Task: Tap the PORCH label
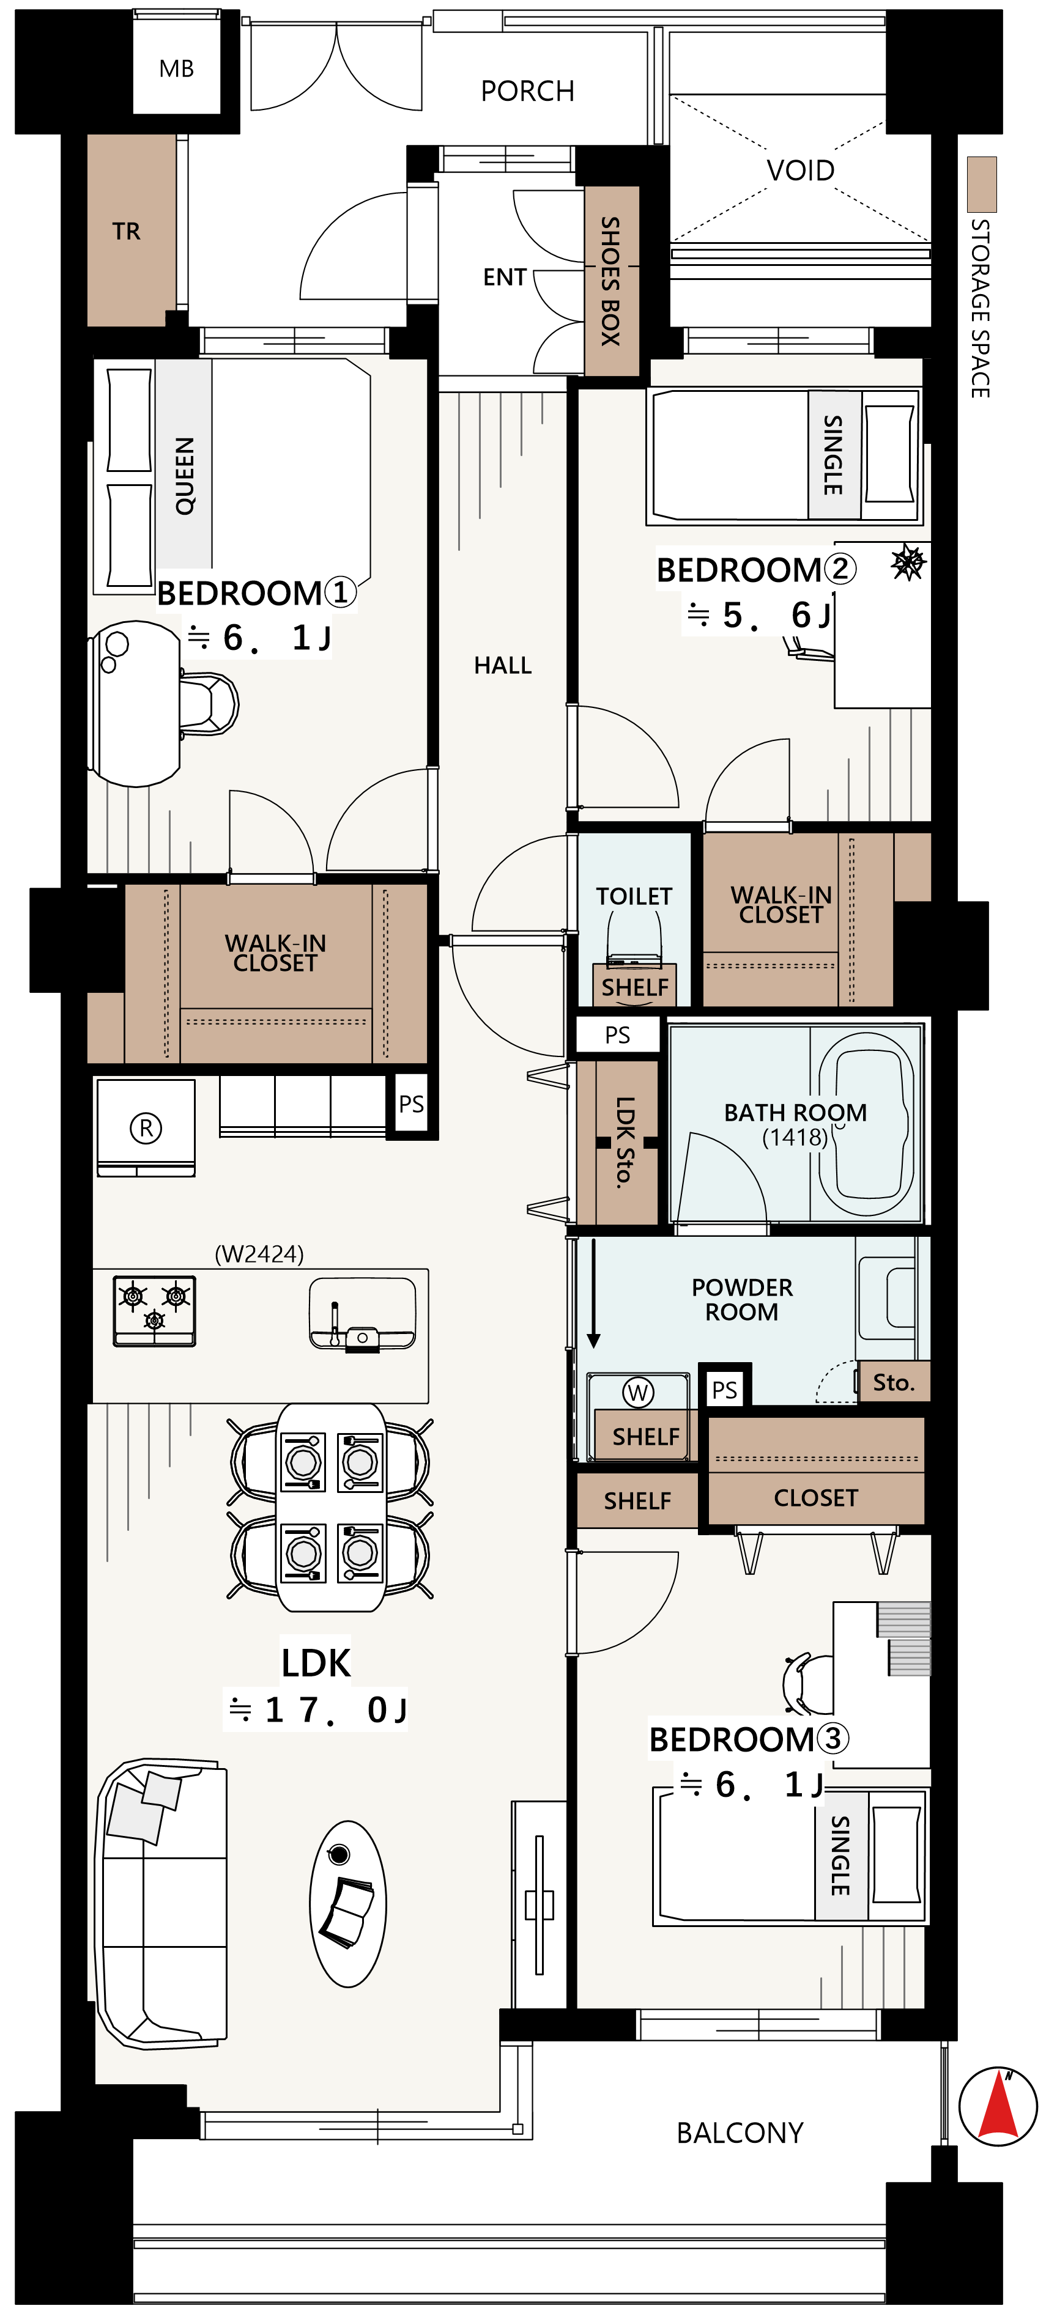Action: (x=528, y=91)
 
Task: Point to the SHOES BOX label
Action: (x=610, y=281)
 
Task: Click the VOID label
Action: (x=800, y=171)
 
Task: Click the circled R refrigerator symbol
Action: (x=146, y=1127)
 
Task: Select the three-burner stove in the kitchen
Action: (x=154, y=1310)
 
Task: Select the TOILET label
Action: (x=634, y=896)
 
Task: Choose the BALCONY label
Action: (x=740, y=2132)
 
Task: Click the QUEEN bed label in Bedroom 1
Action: (x=185, y=476)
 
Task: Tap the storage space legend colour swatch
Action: (x=981, y=184)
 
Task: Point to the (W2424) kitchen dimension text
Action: (x=259, y=1254)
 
